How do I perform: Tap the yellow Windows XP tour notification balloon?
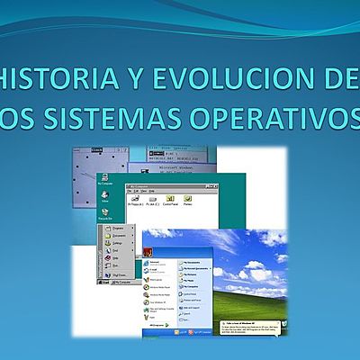(252, 323)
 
